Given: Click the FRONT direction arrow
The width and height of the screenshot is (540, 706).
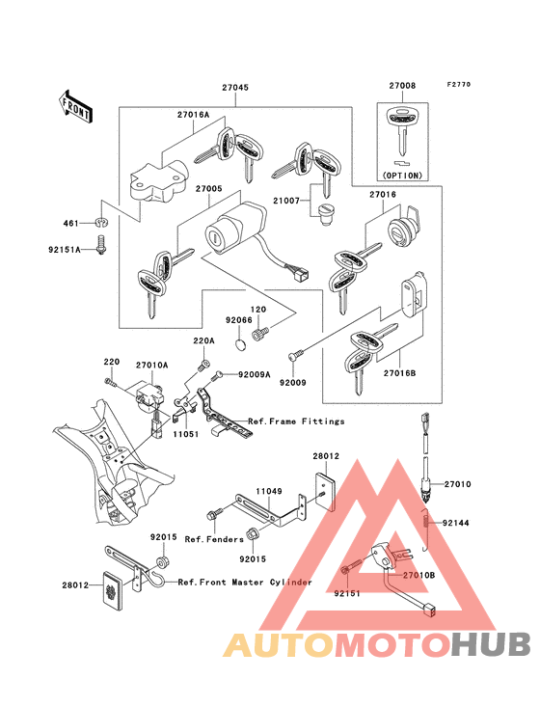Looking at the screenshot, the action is tap(75, 107).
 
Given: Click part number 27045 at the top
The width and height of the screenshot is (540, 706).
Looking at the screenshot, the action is tap(235, 88).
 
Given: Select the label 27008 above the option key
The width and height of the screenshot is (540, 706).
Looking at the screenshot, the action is tap(402, 86).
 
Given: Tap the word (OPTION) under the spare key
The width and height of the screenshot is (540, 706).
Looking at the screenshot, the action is tap(402, 176).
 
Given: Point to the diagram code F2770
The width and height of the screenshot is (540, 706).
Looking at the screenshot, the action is tap(459, 84).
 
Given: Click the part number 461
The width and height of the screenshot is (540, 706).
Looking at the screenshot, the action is tap(71, 223).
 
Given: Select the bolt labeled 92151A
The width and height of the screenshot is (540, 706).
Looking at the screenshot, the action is tap(101, 245).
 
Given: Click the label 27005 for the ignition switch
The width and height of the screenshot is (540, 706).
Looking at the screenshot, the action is tap(209, 189).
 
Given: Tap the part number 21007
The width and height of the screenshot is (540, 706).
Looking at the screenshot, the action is tap(286, 201).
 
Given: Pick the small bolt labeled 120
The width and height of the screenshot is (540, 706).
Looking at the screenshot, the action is tap(257, 334).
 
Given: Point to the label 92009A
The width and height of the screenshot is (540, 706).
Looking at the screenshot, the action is tap(254, 374).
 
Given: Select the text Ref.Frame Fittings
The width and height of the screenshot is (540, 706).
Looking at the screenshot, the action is tap(296, 421).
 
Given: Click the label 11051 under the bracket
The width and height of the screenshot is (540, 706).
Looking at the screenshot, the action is tap(186, 434).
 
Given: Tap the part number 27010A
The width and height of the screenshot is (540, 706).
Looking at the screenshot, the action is tap(152, 365).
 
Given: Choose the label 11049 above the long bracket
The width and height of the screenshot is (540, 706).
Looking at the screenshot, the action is tap(269, 491).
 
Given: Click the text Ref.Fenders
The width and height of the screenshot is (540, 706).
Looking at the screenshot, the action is tap(214, 539).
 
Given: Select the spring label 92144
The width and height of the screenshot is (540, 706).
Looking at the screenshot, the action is tap(455, 523).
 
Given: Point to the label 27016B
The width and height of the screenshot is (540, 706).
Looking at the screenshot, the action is tap(399, 373).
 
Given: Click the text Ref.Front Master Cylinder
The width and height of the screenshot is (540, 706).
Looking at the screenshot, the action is tap(245, 583).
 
